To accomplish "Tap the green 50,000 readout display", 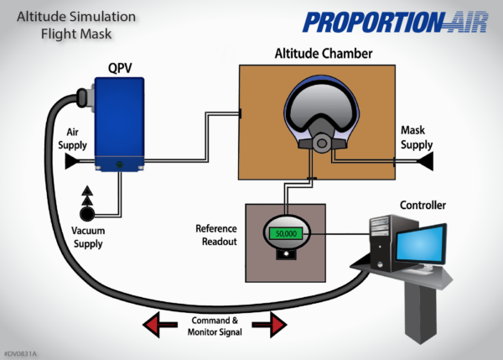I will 287,233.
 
